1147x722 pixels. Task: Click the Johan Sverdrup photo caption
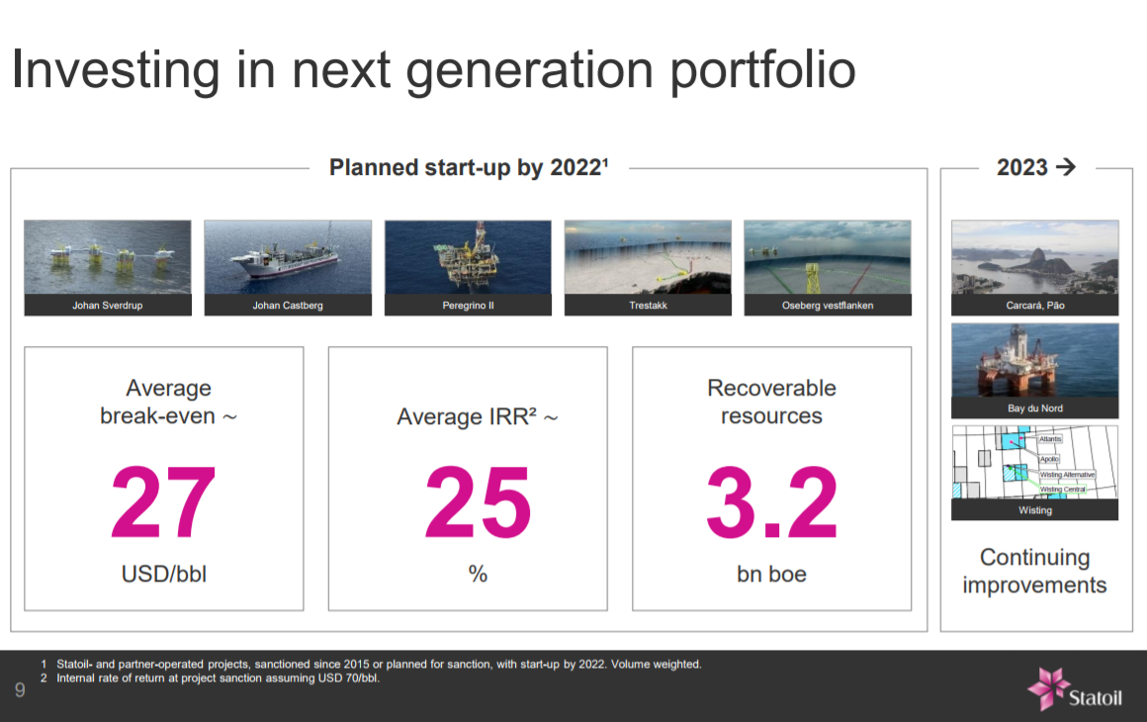108,306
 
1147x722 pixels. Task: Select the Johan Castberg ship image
288,257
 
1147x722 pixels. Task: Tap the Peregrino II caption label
468,306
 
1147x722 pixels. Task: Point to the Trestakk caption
648,306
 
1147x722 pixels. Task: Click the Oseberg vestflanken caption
828,306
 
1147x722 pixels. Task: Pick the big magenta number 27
163,503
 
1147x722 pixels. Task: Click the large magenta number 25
478,503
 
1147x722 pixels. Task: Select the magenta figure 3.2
771,503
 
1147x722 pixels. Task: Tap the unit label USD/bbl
163,574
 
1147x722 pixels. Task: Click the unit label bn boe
771,574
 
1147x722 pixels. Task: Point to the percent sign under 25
478,574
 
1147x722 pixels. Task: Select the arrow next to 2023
1065,167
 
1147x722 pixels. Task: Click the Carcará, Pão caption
1034,306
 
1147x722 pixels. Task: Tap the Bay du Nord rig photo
1034,360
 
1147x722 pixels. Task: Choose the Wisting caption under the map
1034,510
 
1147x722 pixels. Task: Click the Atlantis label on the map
1050,439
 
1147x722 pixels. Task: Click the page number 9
20,689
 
